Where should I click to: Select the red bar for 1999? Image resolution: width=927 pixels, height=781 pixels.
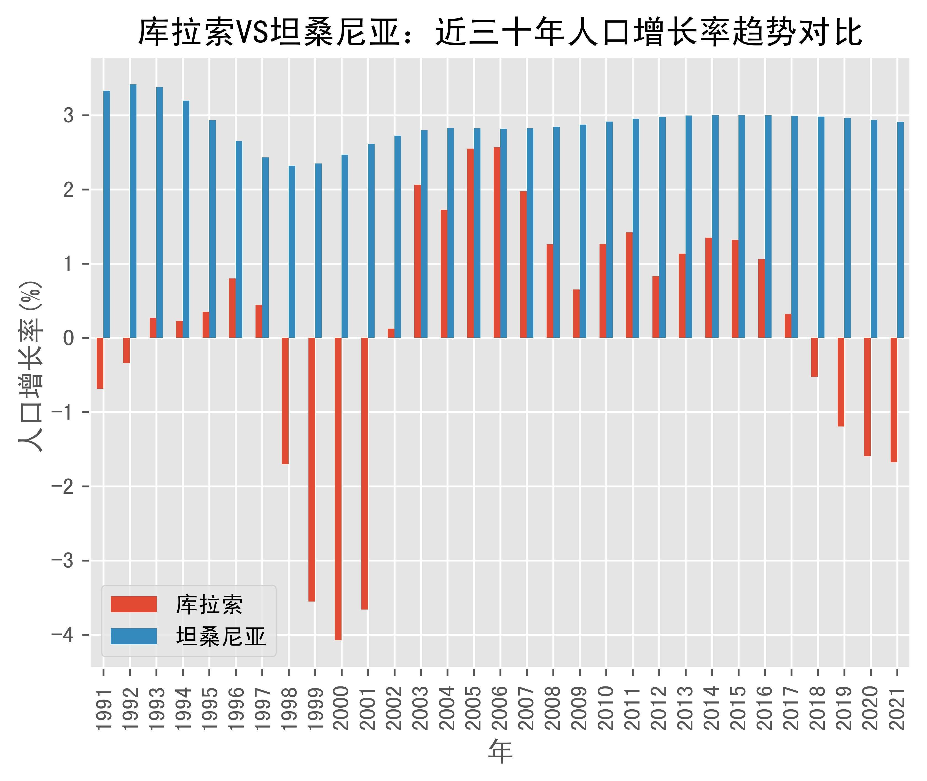click(312, 469)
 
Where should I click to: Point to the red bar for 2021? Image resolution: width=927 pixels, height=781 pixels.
click(894, 400)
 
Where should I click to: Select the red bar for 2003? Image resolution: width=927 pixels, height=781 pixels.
click(417, 261)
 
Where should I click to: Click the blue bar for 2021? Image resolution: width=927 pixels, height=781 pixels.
click(901, 230)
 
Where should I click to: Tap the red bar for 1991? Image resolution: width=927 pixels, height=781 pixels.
click(100, 363)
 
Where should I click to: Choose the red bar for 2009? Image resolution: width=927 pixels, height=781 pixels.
click(576, 313)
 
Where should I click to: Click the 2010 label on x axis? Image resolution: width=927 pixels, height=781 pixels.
click(606, 708)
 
